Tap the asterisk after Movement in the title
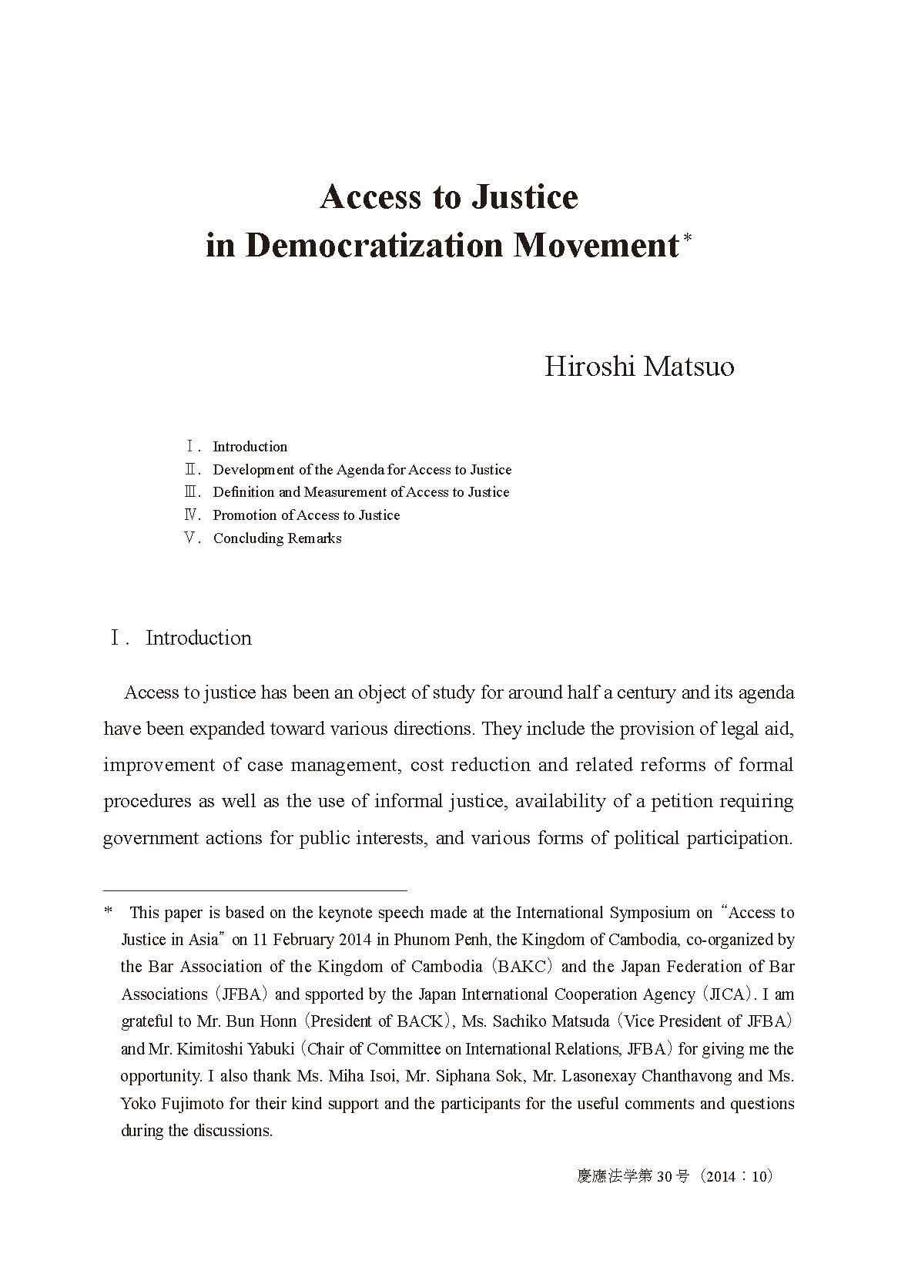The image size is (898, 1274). (x=688, y=239)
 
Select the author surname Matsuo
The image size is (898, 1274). (x=689, y=366)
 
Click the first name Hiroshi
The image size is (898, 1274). (x=589, y=366)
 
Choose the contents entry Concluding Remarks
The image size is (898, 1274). (x=277, y=538)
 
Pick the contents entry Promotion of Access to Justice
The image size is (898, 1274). (x=307, y=515)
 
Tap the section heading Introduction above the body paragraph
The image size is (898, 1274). (x=199, y=639)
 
